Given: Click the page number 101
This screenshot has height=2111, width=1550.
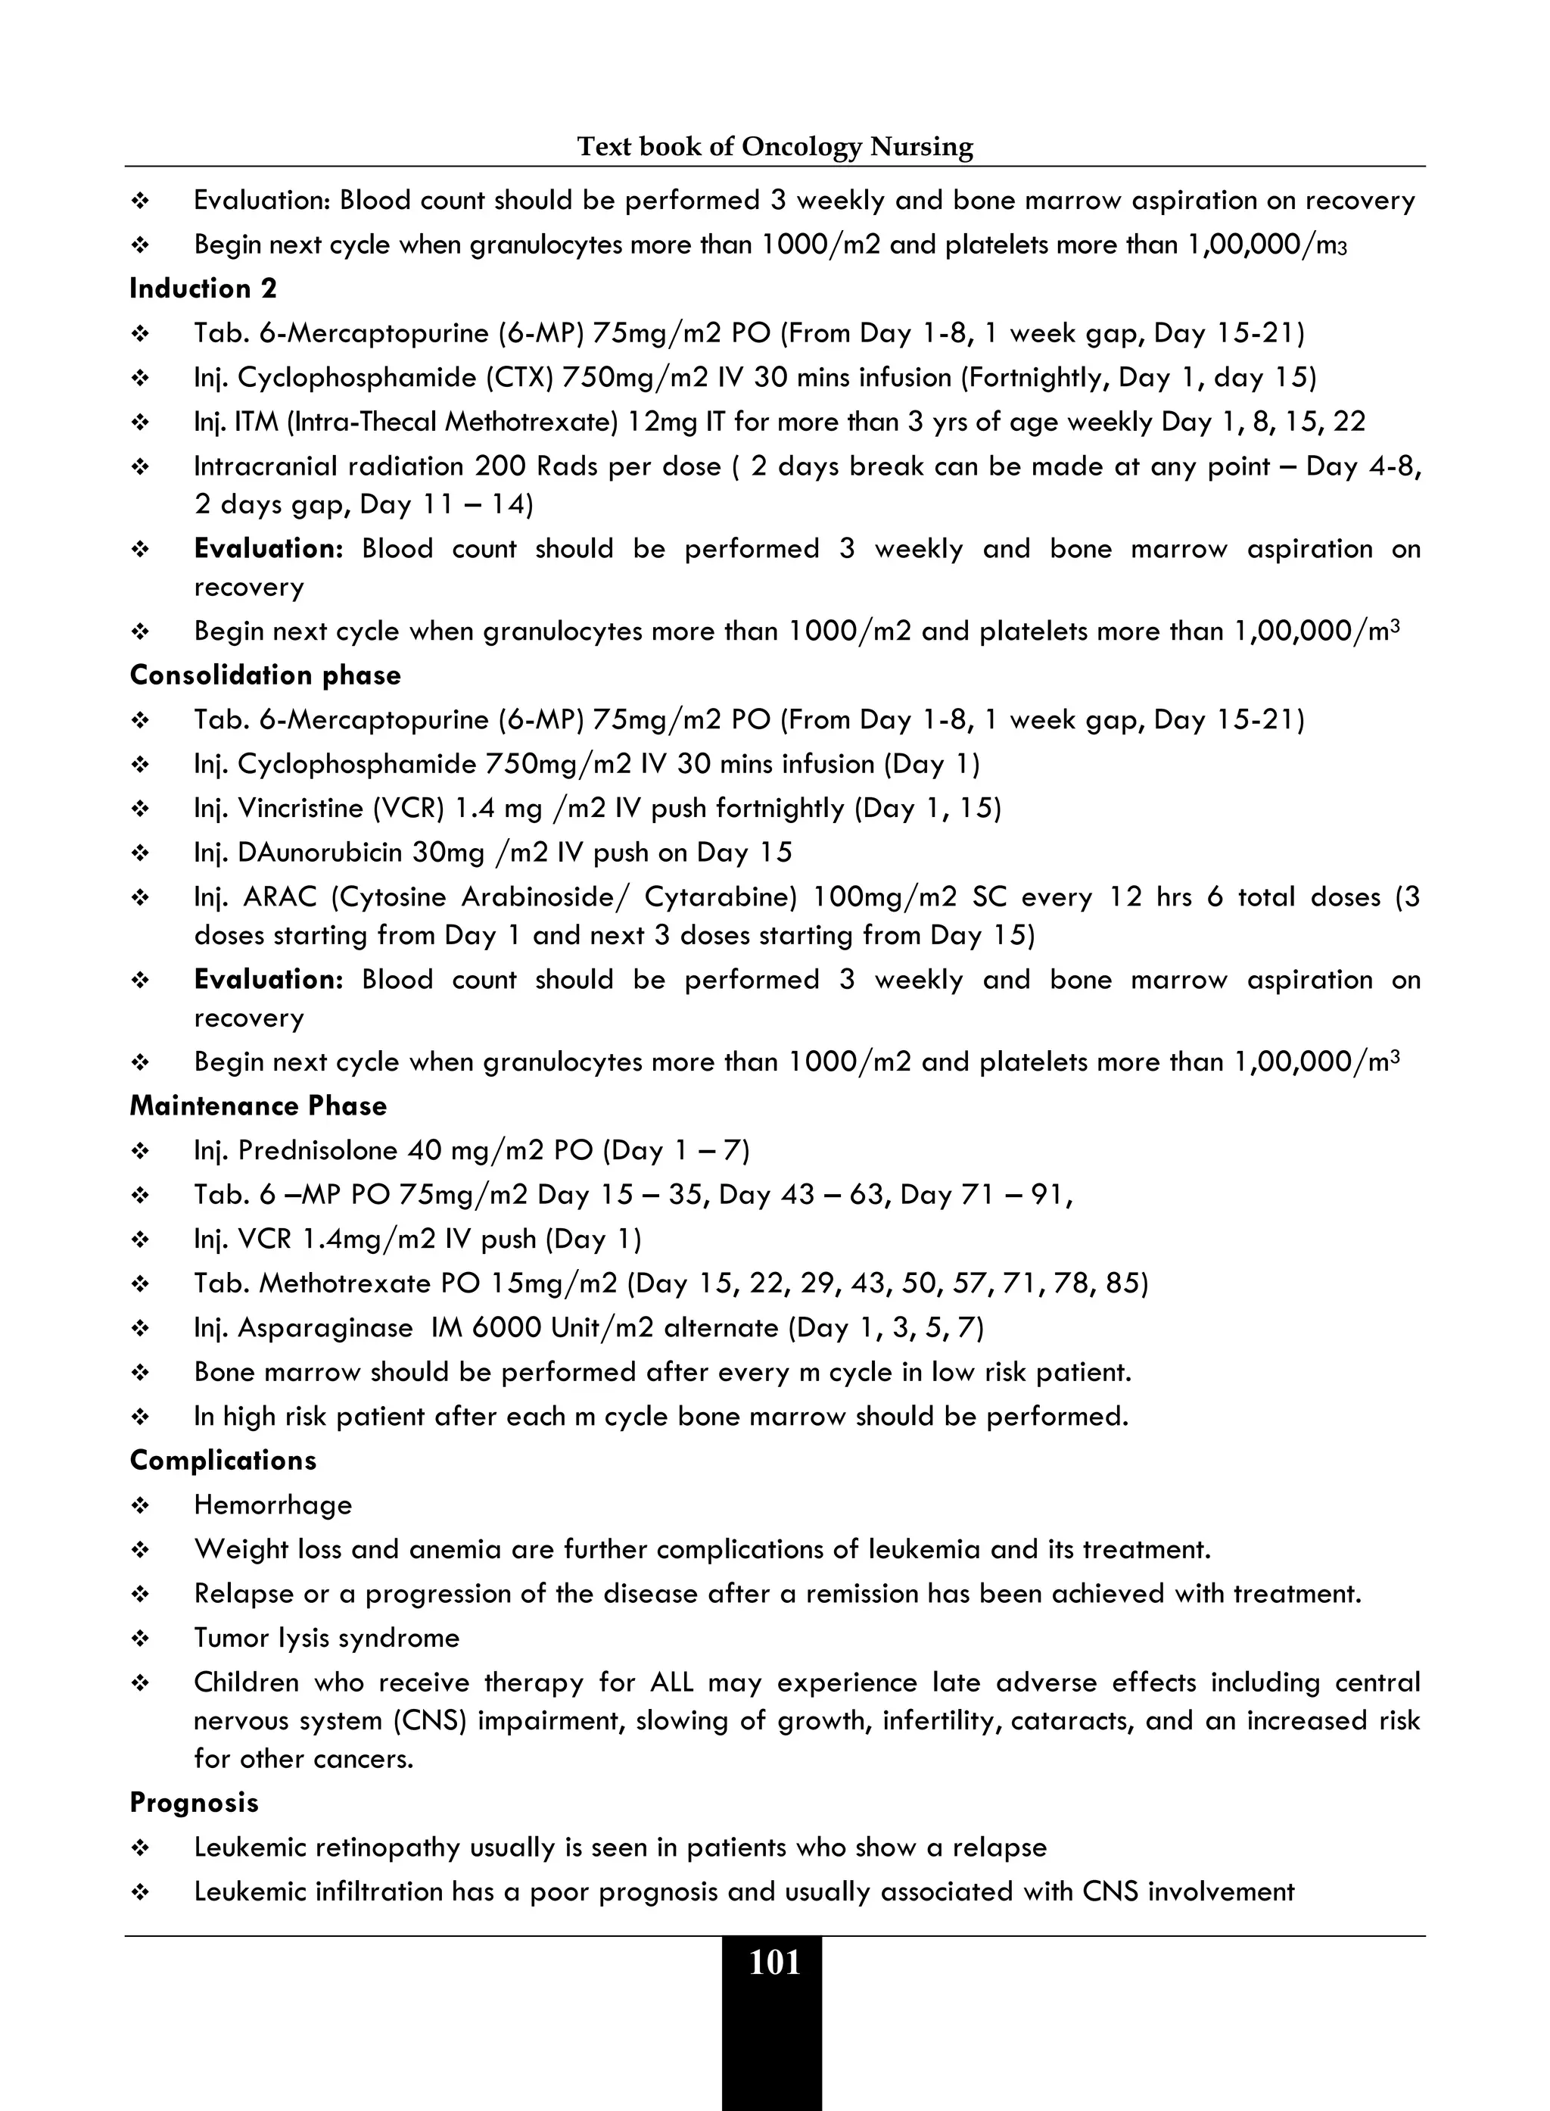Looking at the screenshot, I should click(774, 1963).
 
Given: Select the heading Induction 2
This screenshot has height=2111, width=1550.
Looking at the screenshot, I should click(204, 288).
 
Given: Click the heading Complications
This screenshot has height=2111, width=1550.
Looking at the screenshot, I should click(223, 1461).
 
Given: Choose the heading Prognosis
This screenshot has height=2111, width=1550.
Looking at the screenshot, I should click(195, 1802).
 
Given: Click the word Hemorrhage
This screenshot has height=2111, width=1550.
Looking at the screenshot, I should click(273, 1505).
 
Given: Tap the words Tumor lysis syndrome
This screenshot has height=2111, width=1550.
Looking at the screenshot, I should click(326, 1638).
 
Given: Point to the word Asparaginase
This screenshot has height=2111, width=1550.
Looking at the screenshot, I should click(325, 1327).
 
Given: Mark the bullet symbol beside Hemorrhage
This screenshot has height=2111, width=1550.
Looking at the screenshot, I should click(141, 1505).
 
